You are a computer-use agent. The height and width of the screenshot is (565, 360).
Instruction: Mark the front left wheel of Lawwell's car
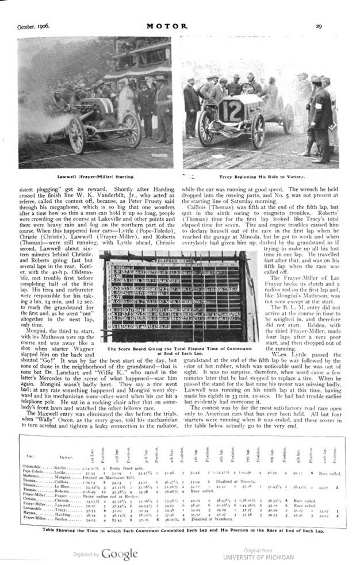76,136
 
